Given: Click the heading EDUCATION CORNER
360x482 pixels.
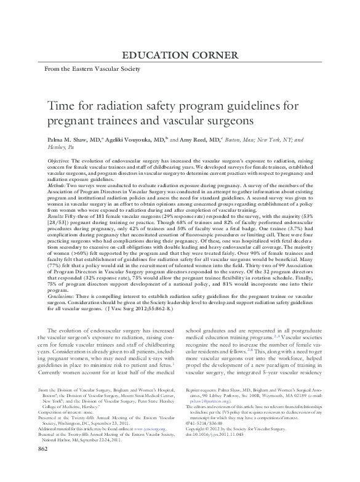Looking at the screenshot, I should point(181,55).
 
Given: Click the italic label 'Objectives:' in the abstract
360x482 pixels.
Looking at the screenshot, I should point(59,159).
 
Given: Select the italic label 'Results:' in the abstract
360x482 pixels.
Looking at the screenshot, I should point(57,217).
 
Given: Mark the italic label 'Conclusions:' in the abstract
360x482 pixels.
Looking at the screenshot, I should point(62,299).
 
